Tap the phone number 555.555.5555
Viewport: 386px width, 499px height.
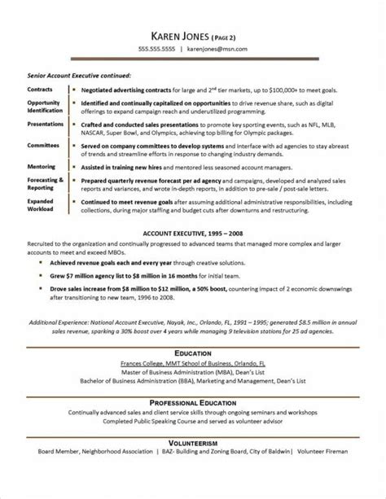(x=156, y=49)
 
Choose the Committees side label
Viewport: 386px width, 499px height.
(x=42, y=143)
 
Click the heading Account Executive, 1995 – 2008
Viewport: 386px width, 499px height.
(x=192, y=232)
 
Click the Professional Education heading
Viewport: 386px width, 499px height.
(x=192, y=404)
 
